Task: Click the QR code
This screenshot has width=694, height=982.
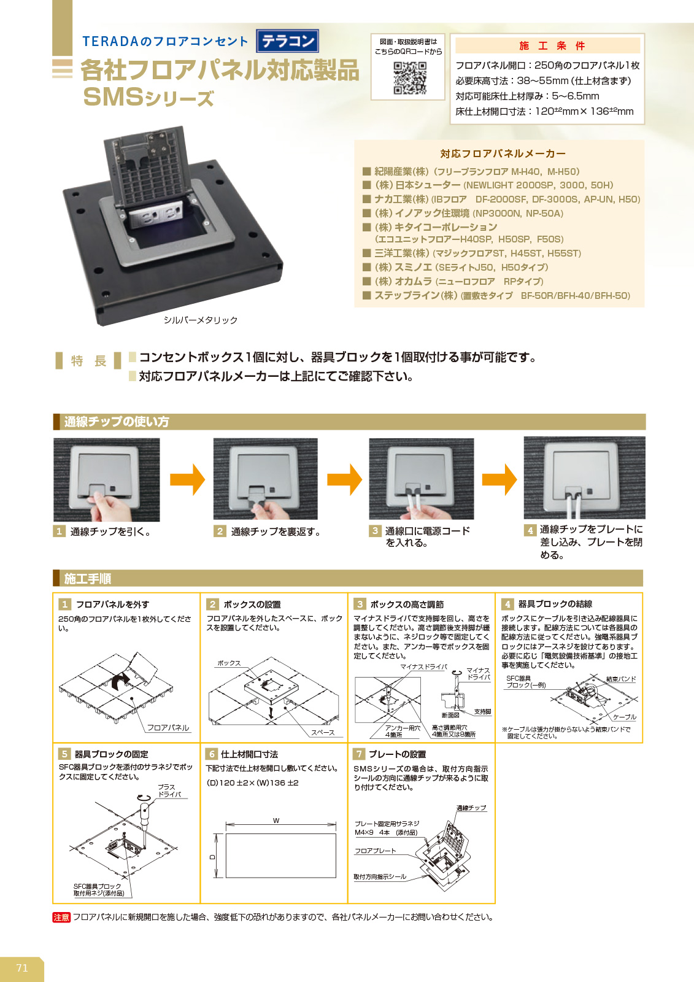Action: click(x=409, y=77)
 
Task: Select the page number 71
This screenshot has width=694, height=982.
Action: click(x=22, y=968)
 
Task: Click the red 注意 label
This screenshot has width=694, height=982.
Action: click(x=61, y=917)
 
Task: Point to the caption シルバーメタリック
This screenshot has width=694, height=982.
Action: click(x=200, y=320)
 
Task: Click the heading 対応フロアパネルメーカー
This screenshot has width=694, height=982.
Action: click(x=503, y=153)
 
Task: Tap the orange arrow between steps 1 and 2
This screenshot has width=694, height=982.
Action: click(x=187, y=479)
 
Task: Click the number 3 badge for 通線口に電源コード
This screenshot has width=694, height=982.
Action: click(x=375, y=530)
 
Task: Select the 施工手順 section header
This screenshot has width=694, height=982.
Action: click(x=87, y=578)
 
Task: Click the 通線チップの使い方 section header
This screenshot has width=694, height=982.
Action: click(x=116, y=422)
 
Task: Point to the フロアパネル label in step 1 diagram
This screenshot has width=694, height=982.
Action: click(x=168, y=727)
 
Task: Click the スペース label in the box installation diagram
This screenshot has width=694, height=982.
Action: click(x=323, y=732)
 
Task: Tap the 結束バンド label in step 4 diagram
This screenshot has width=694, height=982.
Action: click(x=620, y=679)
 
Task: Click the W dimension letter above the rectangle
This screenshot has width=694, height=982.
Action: click(x=276, y=821)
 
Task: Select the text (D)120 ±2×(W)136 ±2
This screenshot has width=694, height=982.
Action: click(x=252, y=783)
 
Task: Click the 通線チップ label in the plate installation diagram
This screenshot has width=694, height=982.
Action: click(x=471, y=808)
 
